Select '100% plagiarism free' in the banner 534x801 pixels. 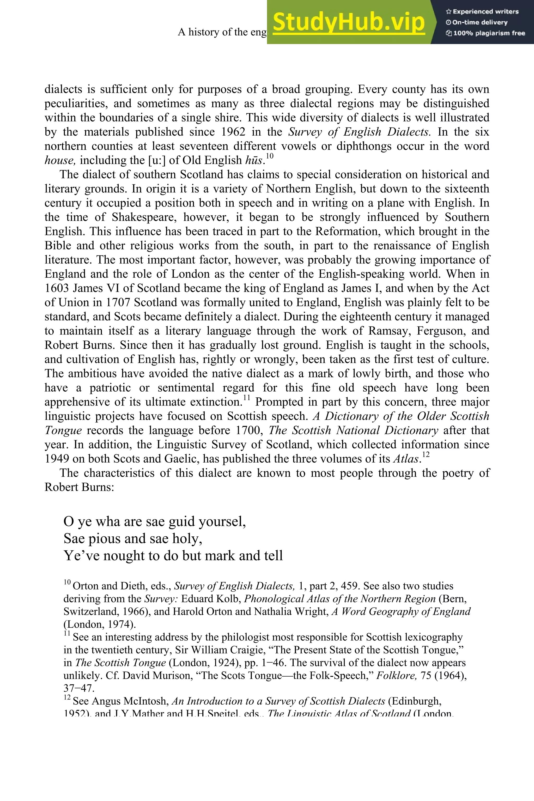click(x=485, y=33)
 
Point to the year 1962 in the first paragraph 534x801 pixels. click(x=233, y=132)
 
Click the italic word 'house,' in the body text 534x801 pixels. click(x=60, y=160)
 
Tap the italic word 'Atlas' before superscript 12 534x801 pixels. click(x=405, y=459)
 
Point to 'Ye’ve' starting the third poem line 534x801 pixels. click(x=81, y=555)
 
